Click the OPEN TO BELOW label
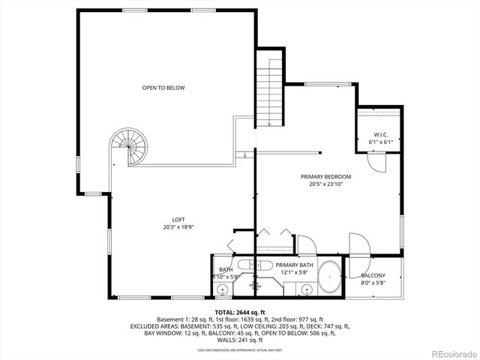click(163, 88)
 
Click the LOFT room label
click(178, 220)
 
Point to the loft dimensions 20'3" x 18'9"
click(178, 227)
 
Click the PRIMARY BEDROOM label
click(325, 176)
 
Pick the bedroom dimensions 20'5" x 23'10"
click(325, 184)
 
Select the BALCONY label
click(373, 276)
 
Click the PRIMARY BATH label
click(294, 265)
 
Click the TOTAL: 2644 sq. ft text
click(240, 312)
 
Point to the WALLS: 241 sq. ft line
click(240, 340)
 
